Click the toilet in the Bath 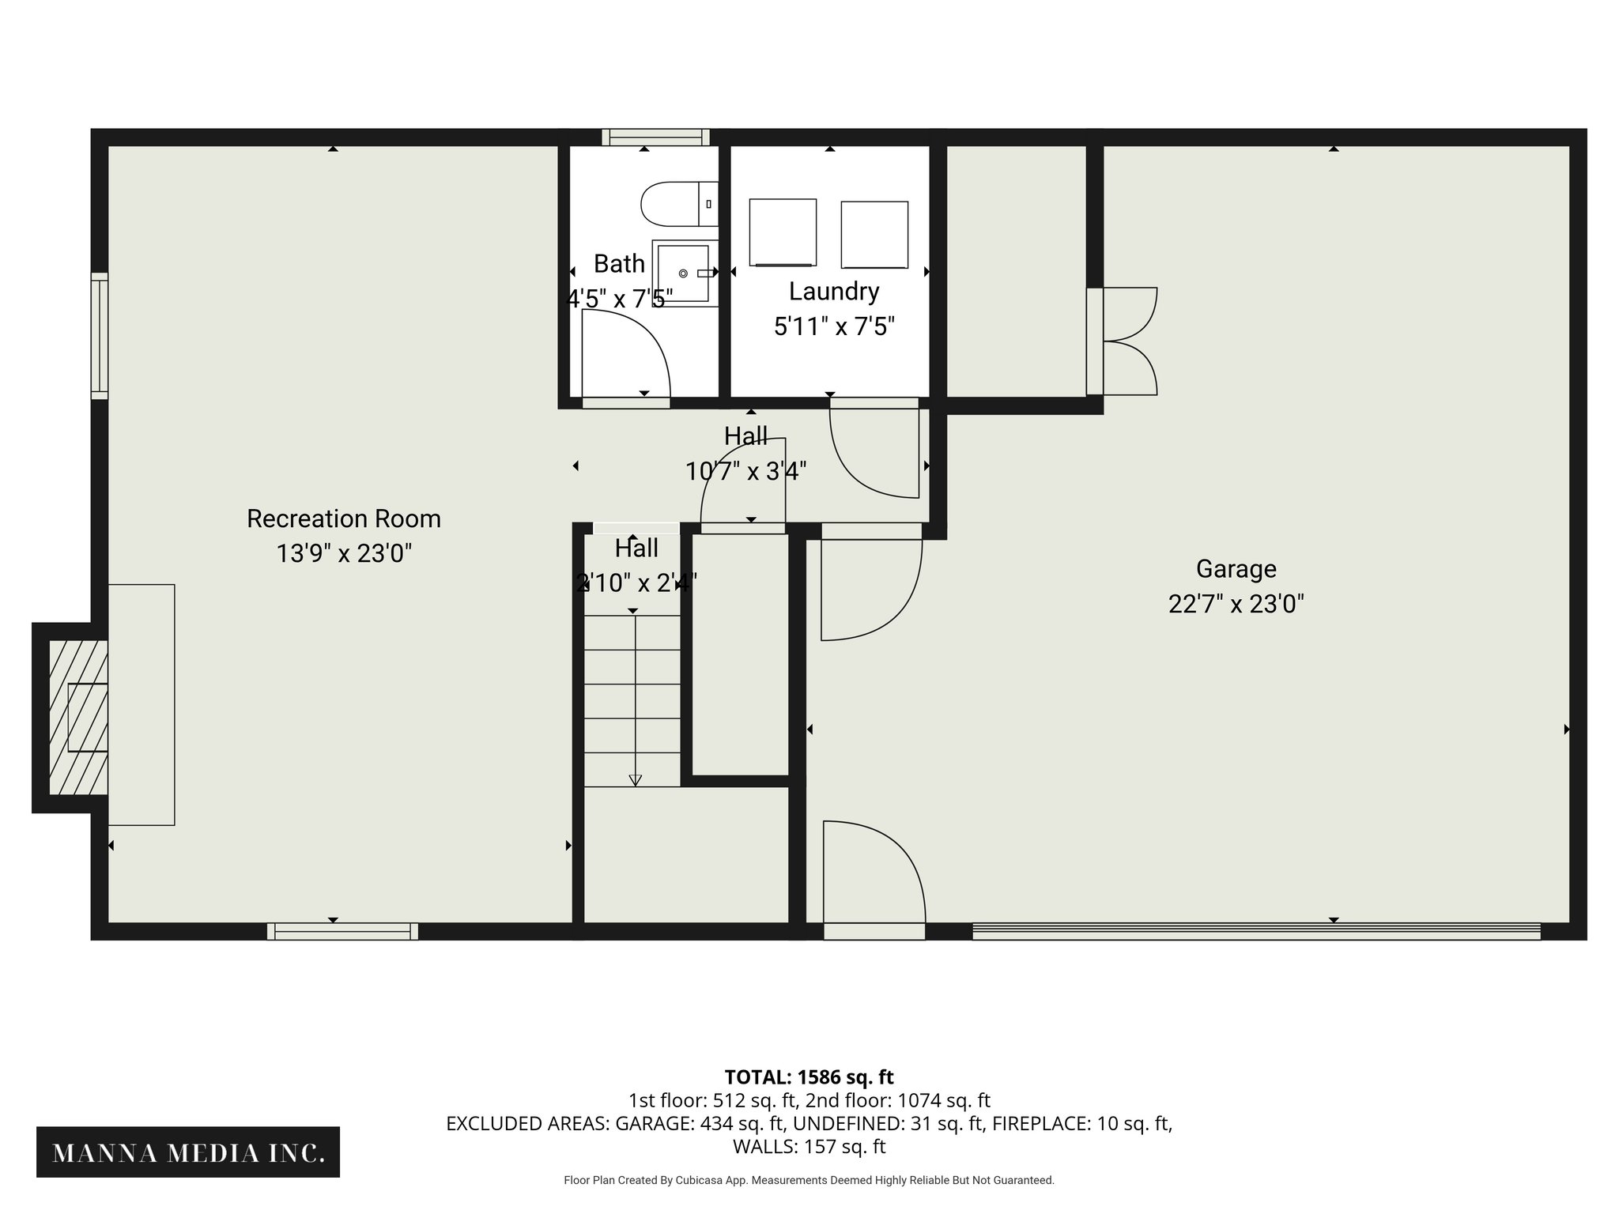tap(676, 203)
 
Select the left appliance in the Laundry tap(783, 232)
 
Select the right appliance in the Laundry tap(874, 235)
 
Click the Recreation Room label tap(344, 518)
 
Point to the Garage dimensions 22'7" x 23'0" tap(1236, 605)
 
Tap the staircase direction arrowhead tap(635, 780)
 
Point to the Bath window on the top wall tap(655, 138)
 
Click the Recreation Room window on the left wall tap(100, 335)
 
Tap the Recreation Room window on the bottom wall tap(342, 931)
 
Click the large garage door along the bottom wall tap(1256, 931)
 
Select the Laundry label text tap(834, 292)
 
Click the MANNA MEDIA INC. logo tap(188, 1153)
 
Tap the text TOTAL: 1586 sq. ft tap(809, 1077)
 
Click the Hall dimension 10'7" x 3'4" tap(745, 472)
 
